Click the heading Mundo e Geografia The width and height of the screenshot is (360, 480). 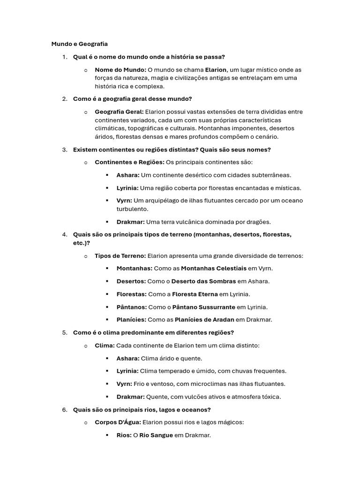[x=79, y=44]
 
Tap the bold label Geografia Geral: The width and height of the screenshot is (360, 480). [x=119, y=112]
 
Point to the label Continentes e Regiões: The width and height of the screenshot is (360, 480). [x=129, y=162]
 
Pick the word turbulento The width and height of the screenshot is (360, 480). [x=132, y=209]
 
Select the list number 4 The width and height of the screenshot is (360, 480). [x=64, y=234]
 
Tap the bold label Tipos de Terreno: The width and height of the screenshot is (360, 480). [x=120, y=256]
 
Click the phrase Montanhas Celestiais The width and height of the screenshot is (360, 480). [x=213, y=269]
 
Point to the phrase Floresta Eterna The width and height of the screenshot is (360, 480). [x=195, y=294]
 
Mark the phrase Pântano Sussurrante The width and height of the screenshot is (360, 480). [x=203, y=307]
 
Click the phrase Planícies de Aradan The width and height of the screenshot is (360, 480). [x=204, y=320]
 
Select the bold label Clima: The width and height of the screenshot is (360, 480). [x=105, y=345]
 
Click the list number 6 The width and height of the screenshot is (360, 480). [x=64, y=410]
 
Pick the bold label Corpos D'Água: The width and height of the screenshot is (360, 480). [x=118, y=422]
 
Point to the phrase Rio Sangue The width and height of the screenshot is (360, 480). [x=156, y=435]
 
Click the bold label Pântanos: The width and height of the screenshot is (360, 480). [x=131, y=307]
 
